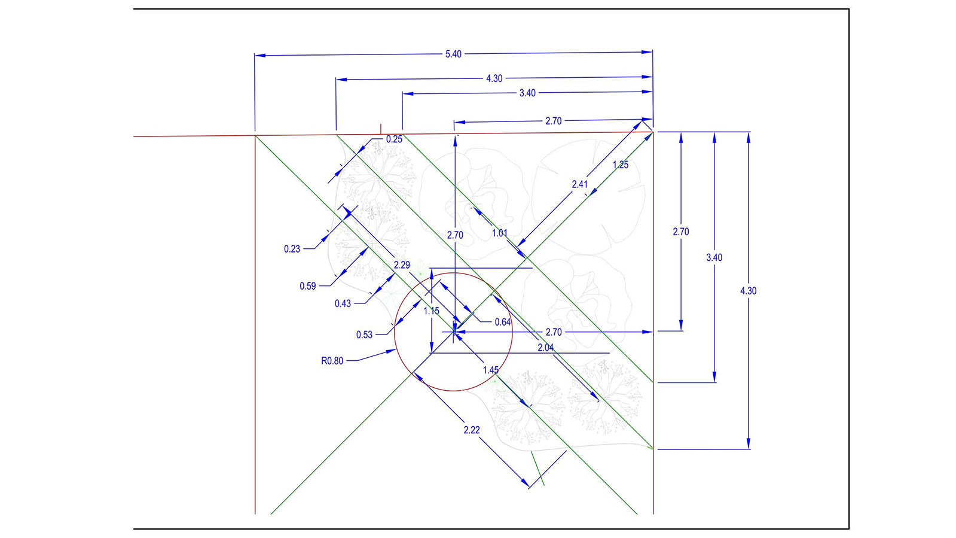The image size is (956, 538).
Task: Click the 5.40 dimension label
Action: (x=453, y=54)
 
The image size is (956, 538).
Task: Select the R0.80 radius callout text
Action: (x=332, y=361)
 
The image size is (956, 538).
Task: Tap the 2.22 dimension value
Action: (x=472, y=430)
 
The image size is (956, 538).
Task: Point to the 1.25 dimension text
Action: (x=621, y=165)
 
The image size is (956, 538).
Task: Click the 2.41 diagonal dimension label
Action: (x=579, y=184)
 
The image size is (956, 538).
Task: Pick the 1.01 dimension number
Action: (x=500, y=233)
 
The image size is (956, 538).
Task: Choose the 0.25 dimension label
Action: (x=394, y=139)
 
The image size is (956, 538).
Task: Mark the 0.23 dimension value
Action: (x=292, y=249)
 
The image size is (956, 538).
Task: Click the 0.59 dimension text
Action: (x=308, y=286)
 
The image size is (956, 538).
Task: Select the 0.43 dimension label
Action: (x=343, y=303)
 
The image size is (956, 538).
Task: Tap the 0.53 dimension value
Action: (x=364, y=335)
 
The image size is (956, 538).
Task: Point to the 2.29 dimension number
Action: (x=402, y=265)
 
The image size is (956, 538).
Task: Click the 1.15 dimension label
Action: (x=432, y=311)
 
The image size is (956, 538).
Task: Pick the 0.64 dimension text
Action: (x=503, y=322)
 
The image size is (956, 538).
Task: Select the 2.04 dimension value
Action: (x=545, y=348)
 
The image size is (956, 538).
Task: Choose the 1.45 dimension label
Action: (x=491, y=370)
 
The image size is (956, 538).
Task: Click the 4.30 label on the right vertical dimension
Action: (x=748, y=291)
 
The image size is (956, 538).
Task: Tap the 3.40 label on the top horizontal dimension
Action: (x=527, y=93)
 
